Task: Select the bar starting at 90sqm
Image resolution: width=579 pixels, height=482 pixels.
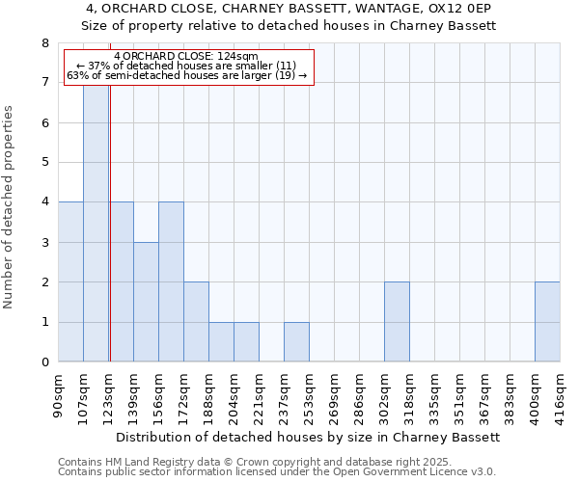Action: click(70, 281)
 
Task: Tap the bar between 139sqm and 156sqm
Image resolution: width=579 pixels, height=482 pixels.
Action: click(146, 302)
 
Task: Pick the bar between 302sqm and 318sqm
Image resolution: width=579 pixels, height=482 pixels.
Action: click(397, 322)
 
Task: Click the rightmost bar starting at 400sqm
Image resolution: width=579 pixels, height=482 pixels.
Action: click(547, 322)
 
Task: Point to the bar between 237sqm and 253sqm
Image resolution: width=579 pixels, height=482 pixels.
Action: click(296, 341)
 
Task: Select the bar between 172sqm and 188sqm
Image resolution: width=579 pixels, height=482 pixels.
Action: click(196, 322)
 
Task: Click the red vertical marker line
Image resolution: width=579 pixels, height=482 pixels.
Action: click(110, 241)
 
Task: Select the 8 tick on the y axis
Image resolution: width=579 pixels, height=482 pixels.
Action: click(44, 43)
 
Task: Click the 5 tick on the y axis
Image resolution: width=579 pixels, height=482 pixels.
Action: click(44, 163)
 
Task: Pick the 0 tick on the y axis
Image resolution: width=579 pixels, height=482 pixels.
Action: click(44, 362)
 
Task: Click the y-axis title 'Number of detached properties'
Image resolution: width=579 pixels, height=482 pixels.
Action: click(10, 206)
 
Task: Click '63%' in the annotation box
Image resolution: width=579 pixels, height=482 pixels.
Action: click(77, 75)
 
